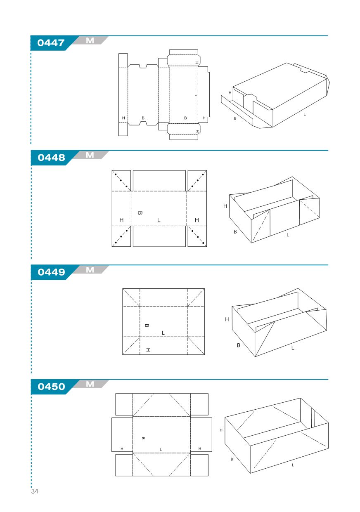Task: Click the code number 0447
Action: pos(51,43)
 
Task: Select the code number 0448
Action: pos(51,158)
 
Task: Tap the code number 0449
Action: pos(51,272)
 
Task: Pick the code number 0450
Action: pos(51,387)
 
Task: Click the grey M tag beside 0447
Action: pos(90,40)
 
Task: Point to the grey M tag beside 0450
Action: pos(90,384)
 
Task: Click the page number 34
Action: pos(35,491)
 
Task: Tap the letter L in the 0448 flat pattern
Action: pos(159,220)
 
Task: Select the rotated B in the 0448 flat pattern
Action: pos(140,213)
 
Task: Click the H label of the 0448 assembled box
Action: pos(225,206)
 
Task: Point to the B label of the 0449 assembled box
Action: pos(239,345)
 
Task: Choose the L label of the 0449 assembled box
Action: pos(293,348)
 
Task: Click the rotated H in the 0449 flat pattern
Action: pos(148,350)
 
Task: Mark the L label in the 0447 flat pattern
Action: pos(195,94)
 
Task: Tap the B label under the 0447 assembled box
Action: pos(235,118)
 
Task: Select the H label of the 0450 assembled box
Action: pos(221,430)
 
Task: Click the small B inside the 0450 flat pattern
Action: pos(143,438)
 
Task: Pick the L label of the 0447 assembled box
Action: pos(304,114)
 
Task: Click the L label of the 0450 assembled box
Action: pos(293,465)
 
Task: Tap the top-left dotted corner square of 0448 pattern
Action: pos(121,181)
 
